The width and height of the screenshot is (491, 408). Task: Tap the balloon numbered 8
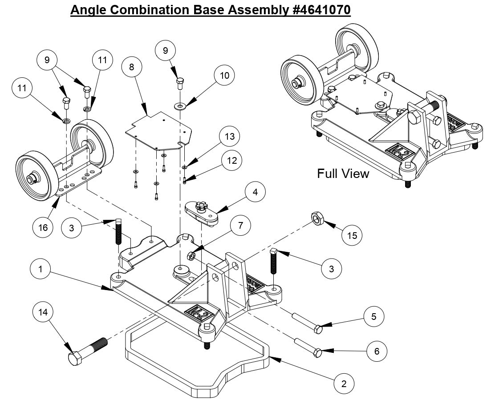click(x=131, y=67)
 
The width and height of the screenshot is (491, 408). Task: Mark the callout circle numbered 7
click(x=240, y=226)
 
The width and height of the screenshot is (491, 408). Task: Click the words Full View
click(x=343, y=174)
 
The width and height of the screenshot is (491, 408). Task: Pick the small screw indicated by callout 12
click(x=184, y=180)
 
